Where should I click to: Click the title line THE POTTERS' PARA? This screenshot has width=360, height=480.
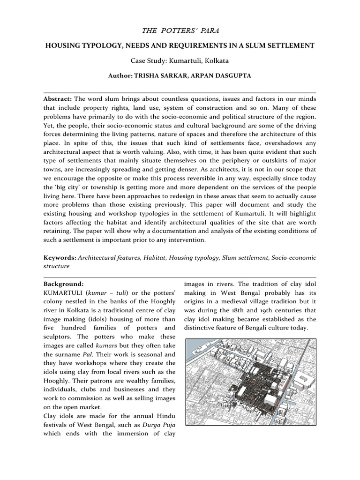pyautogui.click(x=180, y=30)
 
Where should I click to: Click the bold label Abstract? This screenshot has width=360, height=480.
pyautogui.click(x=58, y=99)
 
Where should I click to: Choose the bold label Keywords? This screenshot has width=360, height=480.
pyautogui.click(x=60, y=257)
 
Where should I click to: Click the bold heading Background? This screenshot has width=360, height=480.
pyautogui.click(x=63, y=284)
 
